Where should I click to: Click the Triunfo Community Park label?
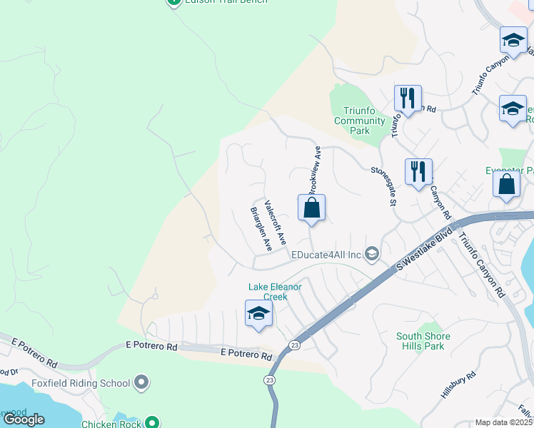click(361, 121)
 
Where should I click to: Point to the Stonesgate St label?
click(383, 188)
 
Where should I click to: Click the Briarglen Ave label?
click(261, 229)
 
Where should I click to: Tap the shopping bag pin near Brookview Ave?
click(311, 209)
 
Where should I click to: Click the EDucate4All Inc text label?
click(326, 254)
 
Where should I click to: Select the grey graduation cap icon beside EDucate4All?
click(371, 254)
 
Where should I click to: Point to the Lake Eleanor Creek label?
click(276, 292)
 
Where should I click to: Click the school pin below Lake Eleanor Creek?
click(258, 314)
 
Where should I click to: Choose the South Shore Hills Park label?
click(423, 341)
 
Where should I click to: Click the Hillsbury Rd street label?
click(458, 386)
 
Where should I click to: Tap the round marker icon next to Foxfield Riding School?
click(141, 383)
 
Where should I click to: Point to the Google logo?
click(24, 419)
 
